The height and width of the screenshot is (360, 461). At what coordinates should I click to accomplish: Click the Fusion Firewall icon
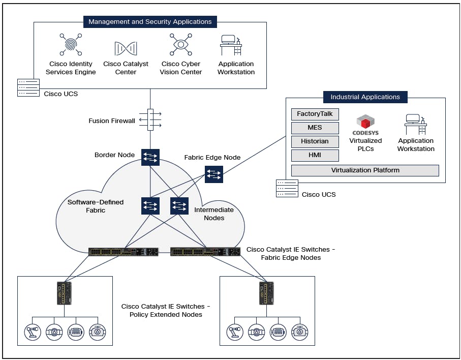pyautogui.click(x=150, y=119)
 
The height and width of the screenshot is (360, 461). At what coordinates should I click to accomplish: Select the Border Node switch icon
pyautogui.click(x=150, y=157)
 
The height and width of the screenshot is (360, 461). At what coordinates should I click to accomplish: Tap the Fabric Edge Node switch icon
pyautogui.click(x=213, y=174)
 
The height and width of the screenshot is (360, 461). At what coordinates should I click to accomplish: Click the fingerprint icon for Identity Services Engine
pyautogui.click(x=70, y=45)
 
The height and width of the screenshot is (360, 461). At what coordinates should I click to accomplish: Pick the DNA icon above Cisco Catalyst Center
pyautogui.click(x=126, y=48)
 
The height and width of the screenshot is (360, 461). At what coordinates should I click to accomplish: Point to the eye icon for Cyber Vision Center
pyautogui.click(x=180, y=45)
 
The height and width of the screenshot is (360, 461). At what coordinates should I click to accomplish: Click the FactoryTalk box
pyautogui.click(x=315, y=114)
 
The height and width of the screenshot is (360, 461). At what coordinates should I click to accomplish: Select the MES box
pyautogui.click(x=315, y=128)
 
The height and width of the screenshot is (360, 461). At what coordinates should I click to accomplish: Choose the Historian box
pyautogui.click(x=315, y=141)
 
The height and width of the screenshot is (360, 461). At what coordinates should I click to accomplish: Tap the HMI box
pyautogui.click(x=315, y=156)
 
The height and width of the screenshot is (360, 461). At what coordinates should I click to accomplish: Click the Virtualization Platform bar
pyautogui.click(x=365, y=170)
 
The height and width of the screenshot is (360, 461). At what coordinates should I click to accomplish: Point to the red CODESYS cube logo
pyautogui.click(x=365, y=123)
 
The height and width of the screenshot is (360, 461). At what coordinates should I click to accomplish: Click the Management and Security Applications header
pyautogui.click(x=150, y=22)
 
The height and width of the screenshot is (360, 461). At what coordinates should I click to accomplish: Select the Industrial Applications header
pyautogui.click(x=365, y=97)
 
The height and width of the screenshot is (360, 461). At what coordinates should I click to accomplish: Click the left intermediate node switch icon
pyautogui.click(x=150, y=205)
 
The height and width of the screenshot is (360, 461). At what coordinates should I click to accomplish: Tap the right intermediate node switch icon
pyautogui.click(x=179, y=205)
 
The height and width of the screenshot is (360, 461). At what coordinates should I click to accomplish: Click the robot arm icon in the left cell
pyautogui.click(x=32, y=331)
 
